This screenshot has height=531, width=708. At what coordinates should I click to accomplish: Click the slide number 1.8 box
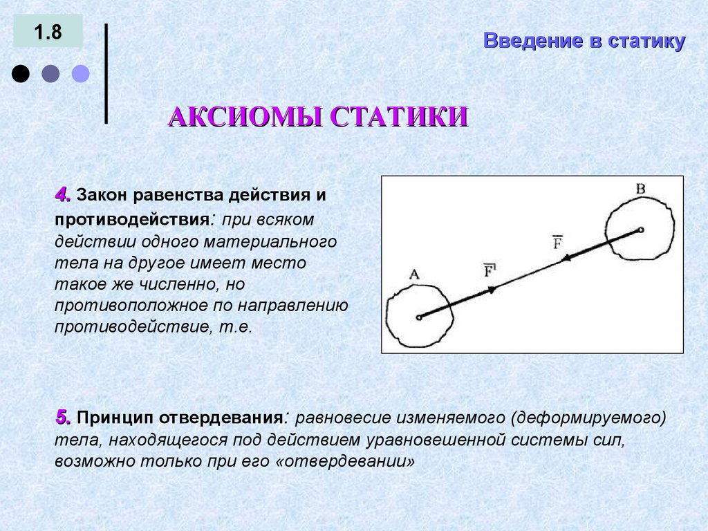click(48, 32)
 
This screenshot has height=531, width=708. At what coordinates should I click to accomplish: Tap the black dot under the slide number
click(21, 74)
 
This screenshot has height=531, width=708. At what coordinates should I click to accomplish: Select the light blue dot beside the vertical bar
click(81, 74)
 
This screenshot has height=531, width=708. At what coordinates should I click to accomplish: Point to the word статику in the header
click(647, 41)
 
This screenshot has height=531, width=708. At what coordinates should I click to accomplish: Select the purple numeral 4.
click(63, 195)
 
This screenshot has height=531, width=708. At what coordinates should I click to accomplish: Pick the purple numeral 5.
click(63, 418)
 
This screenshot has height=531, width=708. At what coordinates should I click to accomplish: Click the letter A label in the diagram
click(414, 274)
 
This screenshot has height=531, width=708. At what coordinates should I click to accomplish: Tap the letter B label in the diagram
click(640, 188)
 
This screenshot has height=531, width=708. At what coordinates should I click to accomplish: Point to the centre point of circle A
click(419, 318)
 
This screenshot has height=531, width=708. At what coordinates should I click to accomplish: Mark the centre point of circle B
click(641, 230)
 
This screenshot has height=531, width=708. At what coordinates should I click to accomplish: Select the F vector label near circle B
click(557, 242)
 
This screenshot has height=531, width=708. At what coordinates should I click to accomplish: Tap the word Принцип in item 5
click(115, 418)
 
